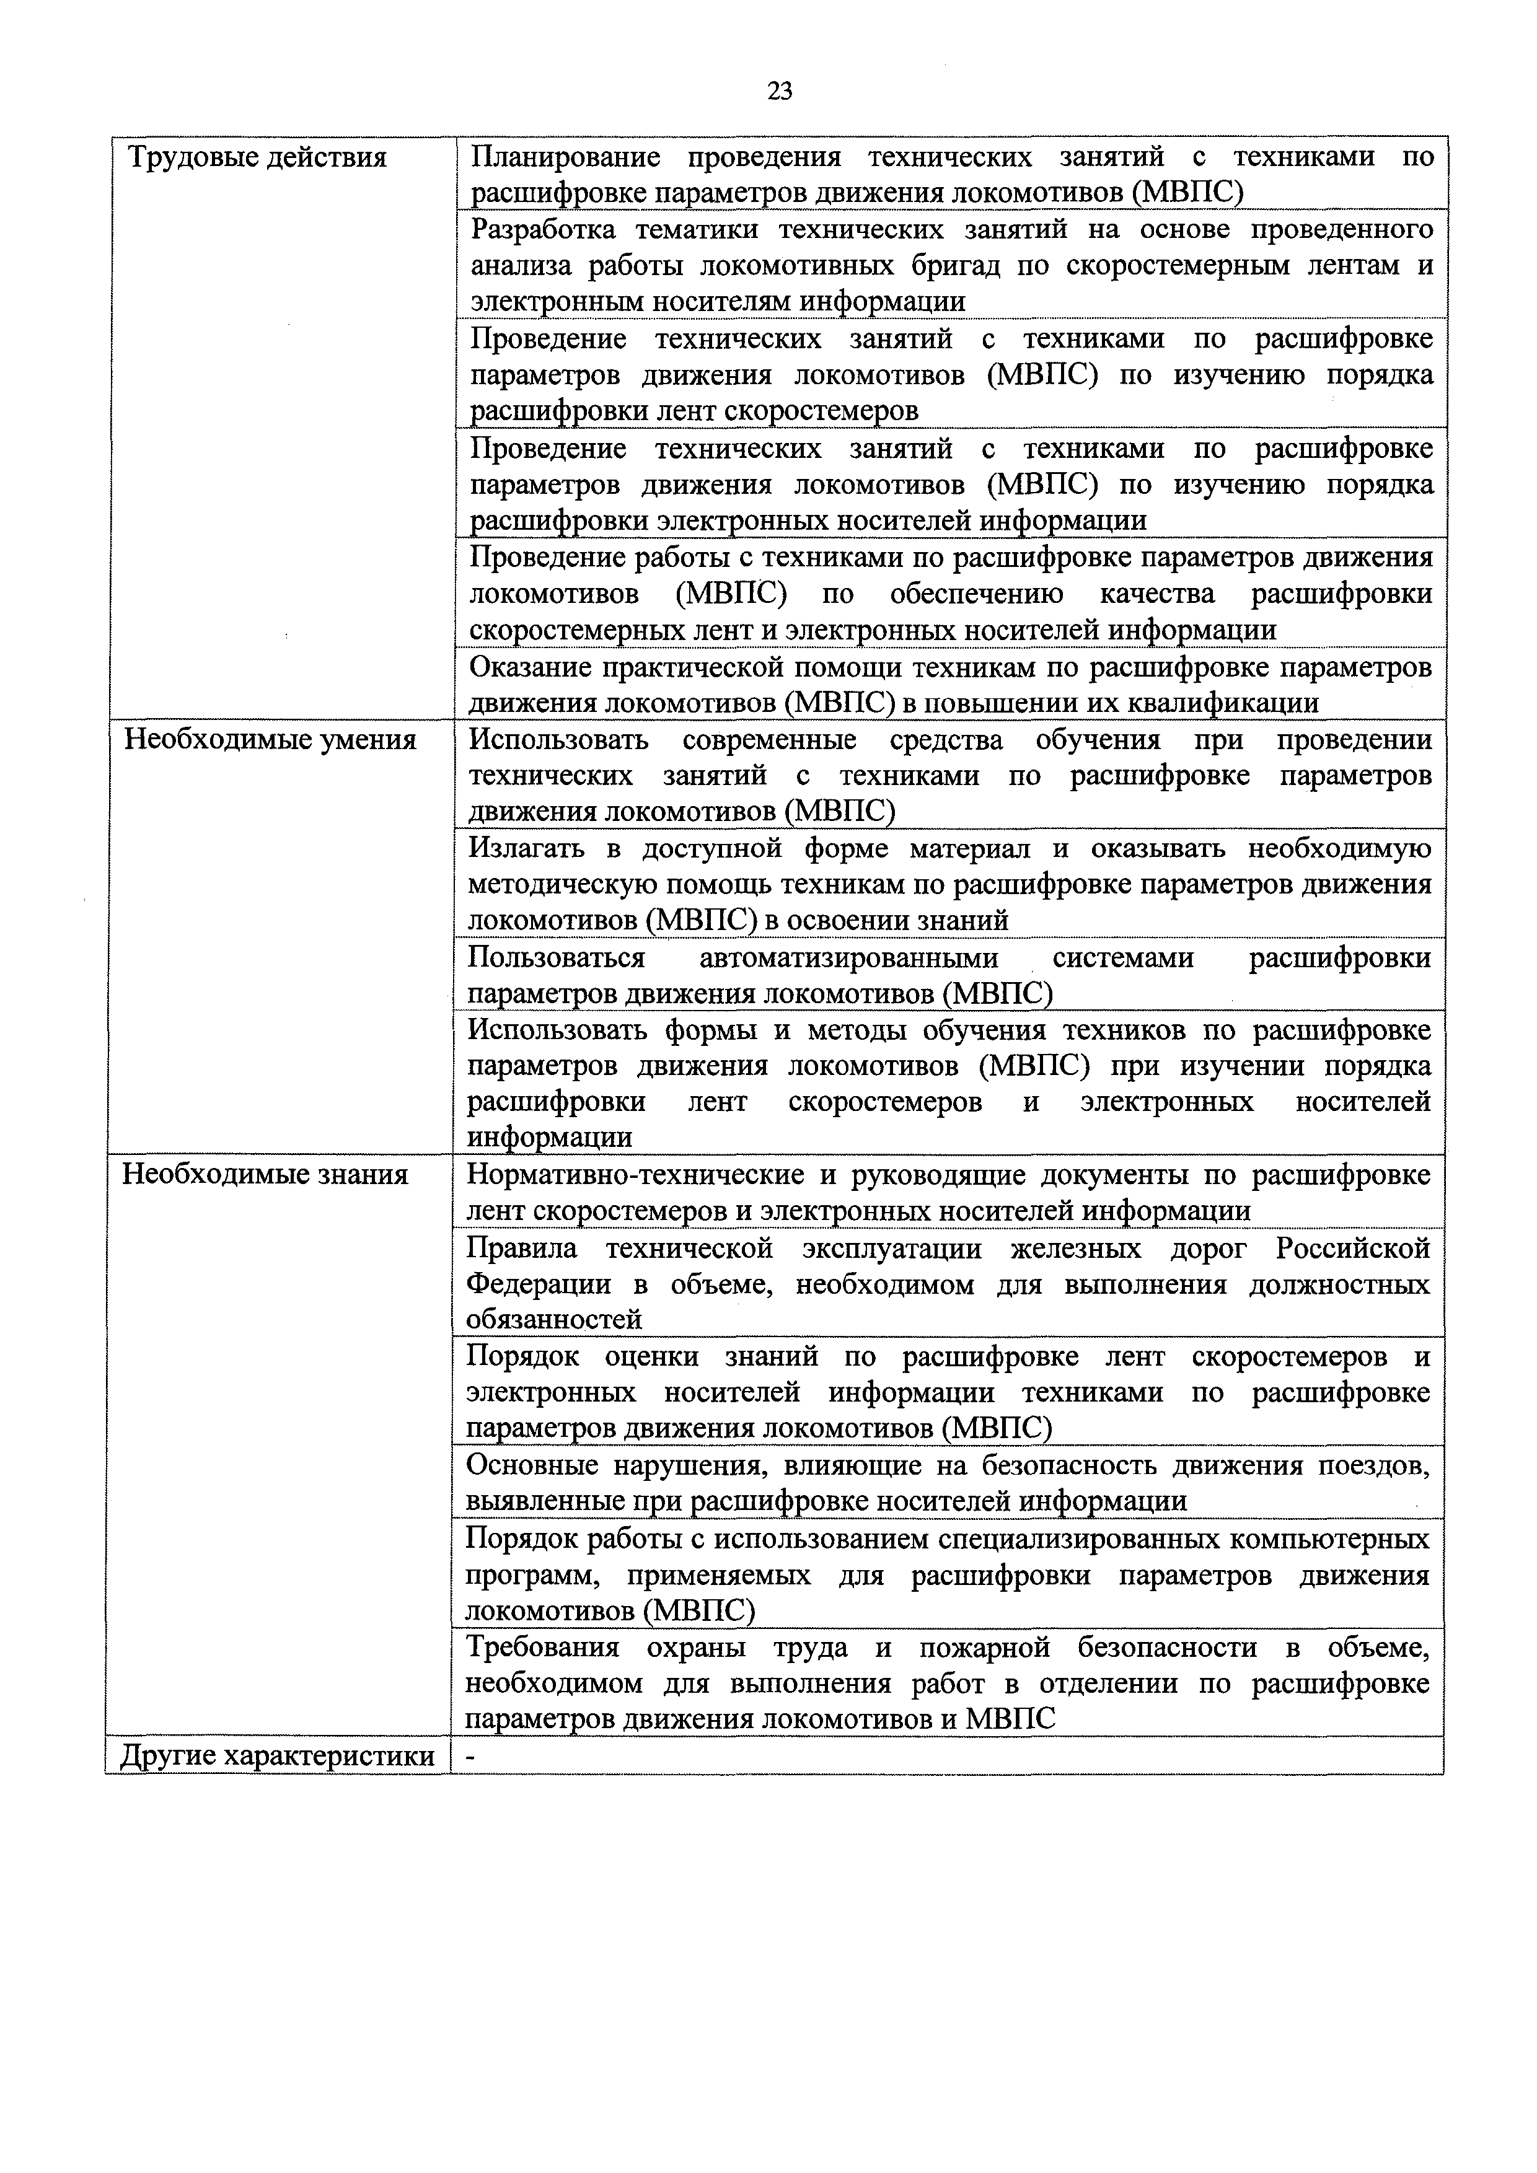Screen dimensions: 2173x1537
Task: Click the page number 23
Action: click(x=780, y=91)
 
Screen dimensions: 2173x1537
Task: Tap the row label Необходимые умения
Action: click(x=271, y=739)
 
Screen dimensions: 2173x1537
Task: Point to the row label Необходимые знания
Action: click(x=266, y=1175)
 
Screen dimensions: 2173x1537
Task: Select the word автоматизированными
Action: click(x=849, y=958)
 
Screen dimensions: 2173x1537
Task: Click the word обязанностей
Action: click(x=553, y=1319)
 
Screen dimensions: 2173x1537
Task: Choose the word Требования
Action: click(x=542, y=1648)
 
